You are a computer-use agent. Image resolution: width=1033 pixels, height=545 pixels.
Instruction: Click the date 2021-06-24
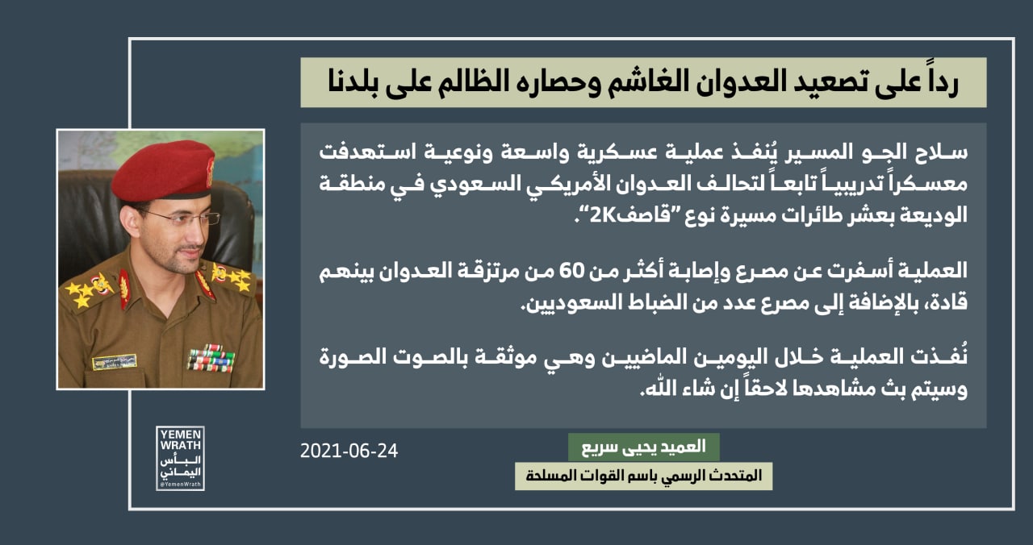pos(349,451)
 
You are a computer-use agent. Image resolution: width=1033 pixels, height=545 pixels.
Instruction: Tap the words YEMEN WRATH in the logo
pos(180,440)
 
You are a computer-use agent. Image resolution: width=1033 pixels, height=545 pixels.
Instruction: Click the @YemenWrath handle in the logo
pos(180,485)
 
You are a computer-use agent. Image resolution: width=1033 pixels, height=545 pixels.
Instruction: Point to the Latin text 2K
pos(603,215)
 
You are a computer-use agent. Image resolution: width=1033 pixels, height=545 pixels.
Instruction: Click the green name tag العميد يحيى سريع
pos(644,447)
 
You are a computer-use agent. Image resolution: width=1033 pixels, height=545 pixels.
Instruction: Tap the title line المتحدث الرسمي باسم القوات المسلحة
pos(644,476)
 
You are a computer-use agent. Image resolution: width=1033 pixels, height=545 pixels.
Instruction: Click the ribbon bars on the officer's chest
pos(211,359)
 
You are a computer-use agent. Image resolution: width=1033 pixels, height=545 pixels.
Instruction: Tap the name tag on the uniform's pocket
pos(115,362)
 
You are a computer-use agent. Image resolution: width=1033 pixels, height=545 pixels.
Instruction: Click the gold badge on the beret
pos(210,172)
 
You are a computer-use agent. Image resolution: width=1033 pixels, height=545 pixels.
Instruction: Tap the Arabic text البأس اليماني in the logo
pos(180,467)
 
